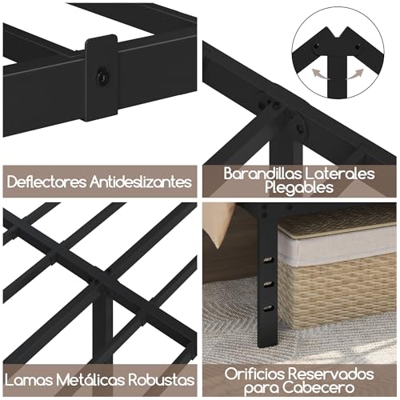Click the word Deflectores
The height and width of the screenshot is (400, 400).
(x=44, y=181)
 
